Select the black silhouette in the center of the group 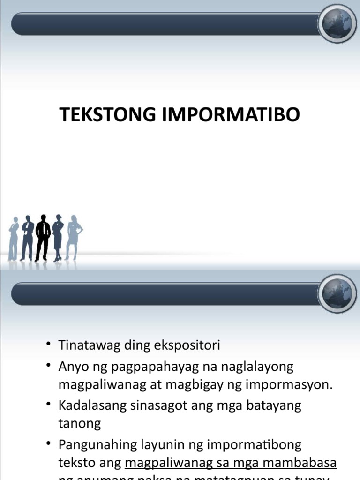tap(43, 237)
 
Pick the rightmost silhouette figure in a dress tap(74, 237)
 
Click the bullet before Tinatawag tap(48, 345)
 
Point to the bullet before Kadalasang tap(48, 405)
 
